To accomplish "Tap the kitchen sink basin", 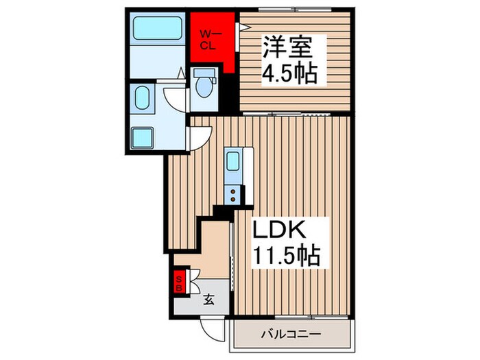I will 232,163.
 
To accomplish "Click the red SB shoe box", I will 180,282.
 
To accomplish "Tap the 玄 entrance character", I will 207,298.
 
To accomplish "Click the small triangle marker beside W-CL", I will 240,27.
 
